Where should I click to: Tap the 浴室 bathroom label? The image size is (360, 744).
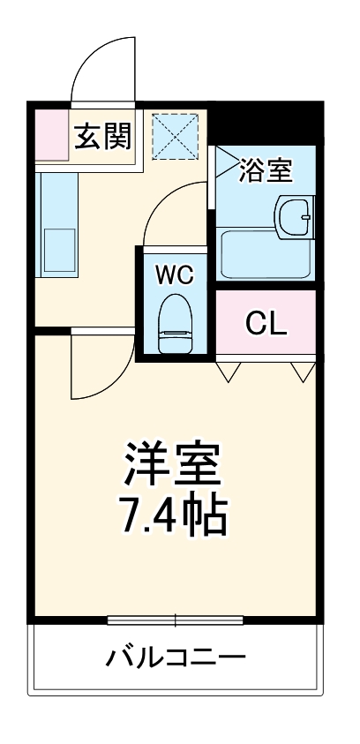click(x=265, y=169)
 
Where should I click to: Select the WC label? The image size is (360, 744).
click(x=175, y=274)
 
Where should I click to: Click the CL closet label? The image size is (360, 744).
click(x=266, y=324)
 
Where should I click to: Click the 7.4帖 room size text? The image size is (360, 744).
click(x=175, y=516)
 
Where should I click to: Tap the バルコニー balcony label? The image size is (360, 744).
click(x=175, y=658)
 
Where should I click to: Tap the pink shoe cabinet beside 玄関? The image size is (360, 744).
click(x=51, y=133)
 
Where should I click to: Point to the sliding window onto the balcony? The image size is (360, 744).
click(x=175, y=620)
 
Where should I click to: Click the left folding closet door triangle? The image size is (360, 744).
click(x=230, y=371)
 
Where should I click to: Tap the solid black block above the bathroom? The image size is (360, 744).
click(x=265, y=124)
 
